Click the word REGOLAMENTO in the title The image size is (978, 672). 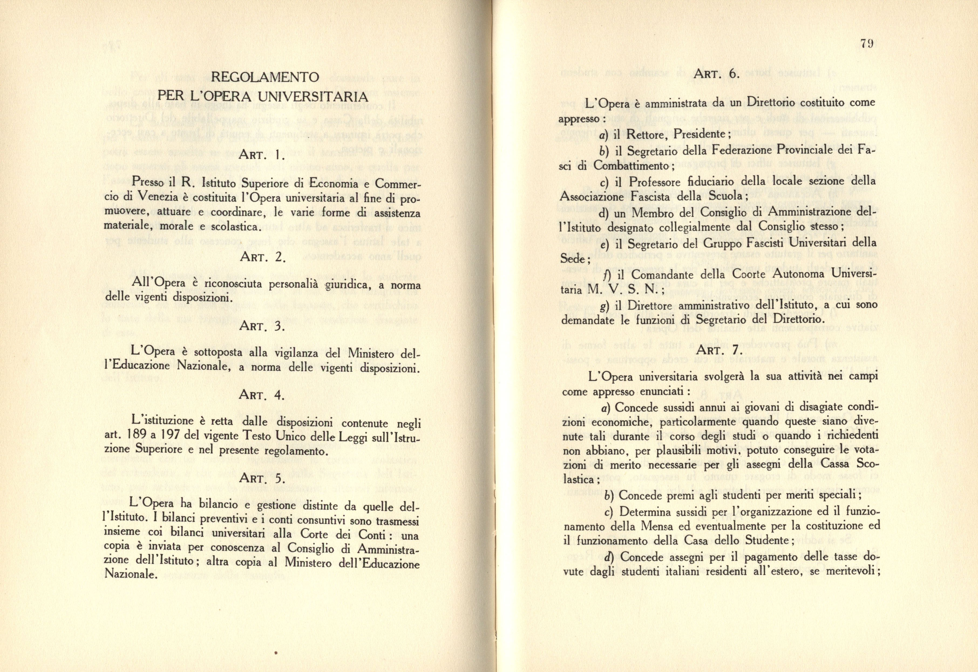coord(265,77)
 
